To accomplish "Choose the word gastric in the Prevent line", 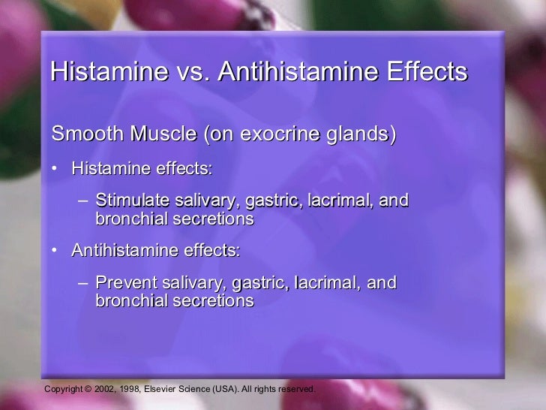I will pos(259,284).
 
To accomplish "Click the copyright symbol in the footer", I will pos(87,390).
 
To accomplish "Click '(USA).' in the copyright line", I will pos(244,390).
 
